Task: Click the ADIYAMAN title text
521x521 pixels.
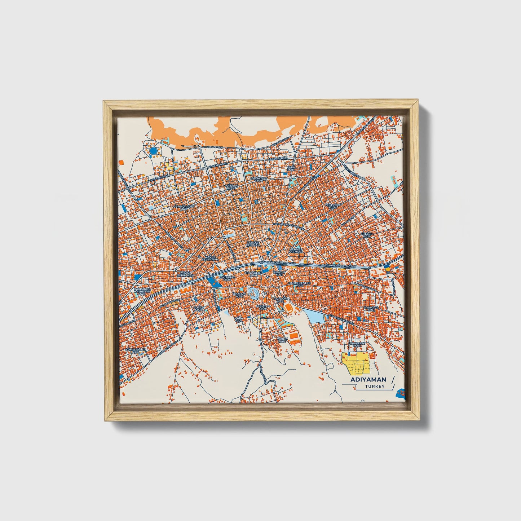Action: (x=368, y=379)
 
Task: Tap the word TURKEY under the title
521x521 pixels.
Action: (x=374, y=387)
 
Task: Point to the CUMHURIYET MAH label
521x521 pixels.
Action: (x=184, y=207)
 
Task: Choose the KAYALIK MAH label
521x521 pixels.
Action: (x=230, y=187)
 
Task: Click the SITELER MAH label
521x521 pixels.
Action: (x=366, y=235)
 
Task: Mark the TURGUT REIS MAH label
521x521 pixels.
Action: (x=252, y=244)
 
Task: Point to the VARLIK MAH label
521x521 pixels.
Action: (x=281, y=340)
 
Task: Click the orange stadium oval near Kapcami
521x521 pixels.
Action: (x=289, y=307)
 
